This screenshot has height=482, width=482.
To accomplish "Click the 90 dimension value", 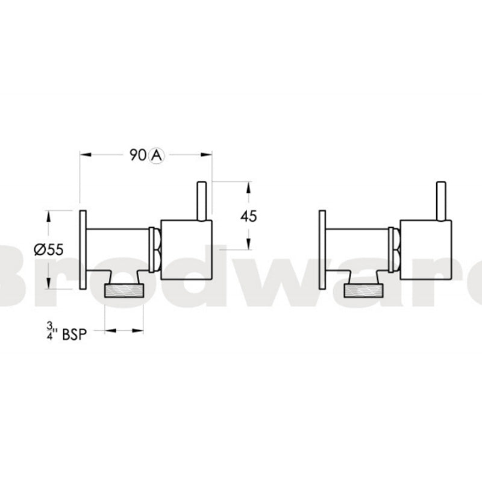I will (x=137, y=155).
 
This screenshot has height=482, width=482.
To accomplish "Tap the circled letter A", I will (x=155, y=155).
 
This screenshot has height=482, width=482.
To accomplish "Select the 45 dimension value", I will (x=248, y=216).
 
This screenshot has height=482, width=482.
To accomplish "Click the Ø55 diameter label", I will (x=49, y=249).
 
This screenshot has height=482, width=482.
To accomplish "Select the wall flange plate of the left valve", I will (x=84, y=249).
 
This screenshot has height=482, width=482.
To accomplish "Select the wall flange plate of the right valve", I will (x=322, y=249).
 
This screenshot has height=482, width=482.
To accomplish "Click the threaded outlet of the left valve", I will (x=125, y=291).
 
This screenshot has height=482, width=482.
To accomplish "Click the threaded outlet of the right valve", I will (x=363, y=291).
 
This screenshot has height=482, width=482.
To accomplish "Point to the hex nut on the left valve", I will (x=155, y=249).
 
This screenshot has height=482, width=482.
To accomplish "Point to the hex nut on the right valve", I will (x=393, y=249).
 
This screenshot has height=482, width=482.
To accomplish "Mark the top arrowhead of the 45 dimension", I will (x=248, y=184).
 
